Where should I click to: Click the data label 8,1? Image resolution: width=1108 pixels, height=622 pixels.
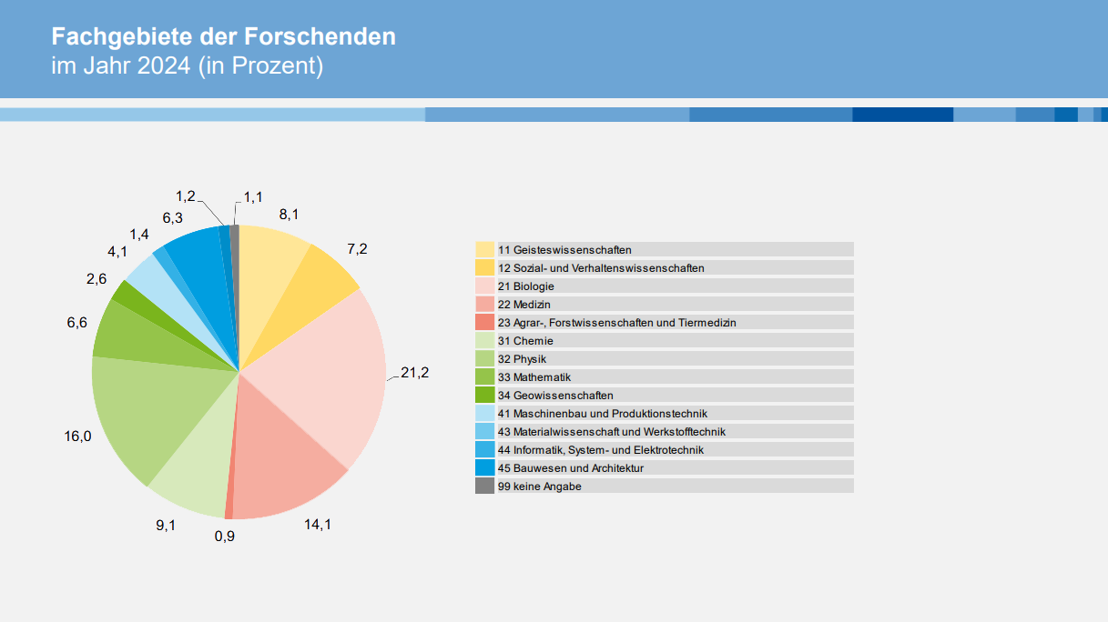coord(290,215)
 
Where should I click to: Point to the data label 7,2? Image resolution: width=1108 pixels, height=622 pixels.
coord(357,248)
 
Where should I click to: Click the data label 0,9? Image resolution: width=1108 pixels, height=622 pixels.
coord(225,536)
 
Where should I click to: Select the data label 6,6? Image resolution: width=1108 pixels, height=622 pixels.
coord(76,323)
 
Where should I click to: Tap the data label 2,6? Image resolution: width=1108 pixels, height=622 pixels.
coord(97,278)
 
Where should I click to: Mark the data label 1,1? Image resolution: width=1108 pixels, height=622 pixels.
coord(253,196)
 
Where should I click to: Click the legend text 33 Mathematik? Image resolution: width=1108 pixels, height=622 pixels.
coord(542,377)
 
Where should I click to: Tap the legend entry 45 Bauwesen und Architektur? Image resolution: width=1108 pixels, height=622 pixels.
coord(571,468)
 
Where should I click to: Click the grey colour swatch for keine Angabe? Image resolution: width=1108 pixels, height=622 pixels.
coord(484,487)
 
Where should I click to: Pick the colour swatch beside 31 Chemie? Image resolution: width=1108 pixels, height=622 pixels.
coord(484,341)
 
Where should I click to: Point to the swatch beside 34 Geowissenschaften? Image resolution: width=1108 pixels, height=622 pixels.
coord(484,396)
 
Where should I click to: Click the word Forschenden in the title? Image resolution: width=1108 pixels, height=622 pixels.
coord(320,37)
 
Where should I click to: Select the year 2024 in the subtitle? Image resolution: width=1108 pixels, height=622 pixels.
coord(165,66)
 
